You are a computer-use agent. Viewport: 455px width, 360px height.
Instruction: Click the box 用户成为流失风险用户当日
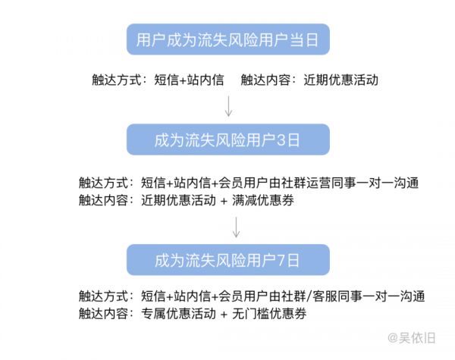228,39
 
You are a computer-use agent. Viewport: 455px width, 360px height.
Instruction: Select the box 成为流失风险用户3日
228,139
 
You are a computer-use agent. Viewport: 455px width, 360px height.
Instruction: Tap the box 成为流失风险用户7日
228,260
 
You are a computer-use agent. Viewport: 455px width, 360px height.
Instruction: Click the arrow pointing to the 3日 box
229,106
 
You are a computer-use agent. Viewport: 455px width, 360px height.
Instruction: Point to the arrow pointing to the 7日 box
236,227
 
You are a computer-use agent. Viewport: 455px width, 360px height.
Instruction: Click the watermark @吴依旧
412,338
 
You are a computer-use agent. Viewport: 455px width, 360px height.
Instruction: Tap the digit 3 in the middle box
281,140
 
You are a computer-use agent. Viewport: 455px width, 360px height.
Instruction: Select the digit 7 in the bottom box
281,260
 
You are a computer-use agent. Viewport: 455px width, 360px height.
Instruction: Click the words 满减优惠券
263,200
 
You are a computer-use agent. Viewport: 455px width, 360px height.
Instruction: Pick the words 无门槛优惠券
269,314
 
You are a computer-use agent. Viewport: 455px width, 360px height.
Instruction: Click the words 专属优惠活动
178,314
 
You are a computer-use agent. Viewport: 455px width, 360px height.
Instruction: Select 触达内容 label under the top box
265,80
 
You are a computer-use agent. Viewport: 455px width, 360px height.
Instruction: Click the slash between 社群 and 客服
309,296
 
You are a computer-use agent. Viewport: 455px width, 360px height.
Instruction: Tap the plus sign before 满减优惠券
224,201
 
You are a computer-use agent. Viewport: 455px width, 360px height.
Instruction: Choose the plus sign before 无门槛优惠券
224,315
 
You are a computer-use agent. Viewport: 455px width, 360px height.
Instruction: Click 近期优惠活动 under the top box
341,80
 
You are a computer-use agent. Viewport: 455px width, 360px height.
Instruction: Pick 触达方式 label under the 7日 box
103,296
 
